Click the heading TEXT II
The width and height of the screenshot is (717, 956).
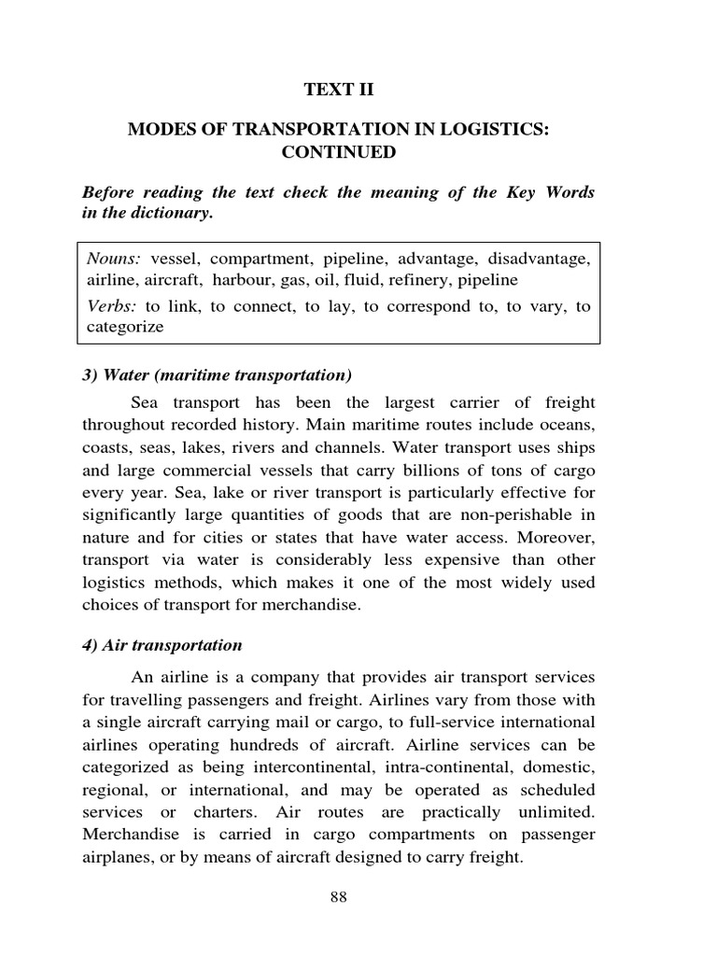click(337, 90)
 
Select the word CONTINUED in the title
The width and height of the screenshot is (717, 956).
click(337, 151)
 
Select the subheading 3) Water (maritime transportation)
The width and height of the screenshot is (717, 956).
click(217, 375)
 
